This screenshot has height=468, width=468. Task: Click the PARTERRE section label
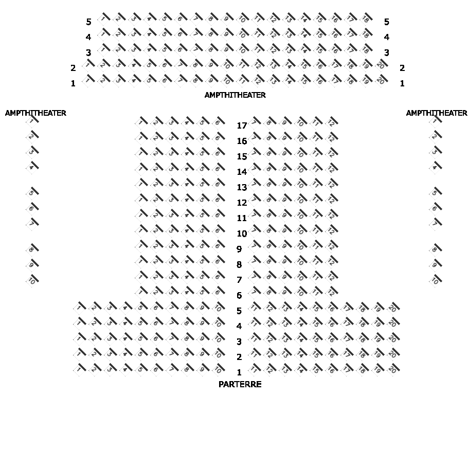tap(240, 385)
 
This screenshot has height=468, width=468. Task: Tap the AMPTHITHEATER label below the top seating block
tap(235, 95)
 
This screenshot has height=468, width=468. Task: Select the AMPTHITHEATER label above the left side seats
tap(35, 113)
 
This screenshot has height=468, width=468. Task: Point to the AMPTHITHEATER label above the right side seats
tap(437, 113)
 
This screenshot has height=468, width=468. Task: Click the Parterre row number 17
tap(242, 125)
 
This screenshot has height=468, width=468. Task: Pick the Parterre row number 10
tap(242, 233)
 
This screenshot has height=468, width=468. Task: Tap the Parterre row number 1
tap(239, 372)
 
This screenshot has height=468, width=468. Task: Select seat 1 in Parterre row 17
tap(141, 122)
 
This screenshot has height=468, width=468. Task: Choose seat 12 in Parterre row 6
tap(332, 292)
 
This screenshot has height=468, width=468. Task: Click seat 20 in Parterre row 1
tap(393, 369)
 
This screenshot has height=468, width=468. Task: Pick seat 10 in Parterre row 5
tap(218, 308)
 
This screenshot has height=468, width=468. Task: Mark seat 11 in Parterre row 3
tap(255, 338)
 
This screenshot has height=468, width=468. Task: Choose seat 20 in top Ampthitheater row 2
tap(381, 65)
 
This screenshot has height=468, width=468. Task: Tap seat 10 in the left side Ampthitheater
tap(32, 280)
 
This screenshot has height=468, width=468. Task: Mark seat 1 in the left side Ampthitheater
tap(32, 121)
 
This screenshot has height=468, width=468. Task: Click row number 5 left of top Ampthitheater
tap(88, 22)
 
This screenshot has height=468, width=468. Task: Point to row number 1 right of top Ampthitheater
tap(402, 83)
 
